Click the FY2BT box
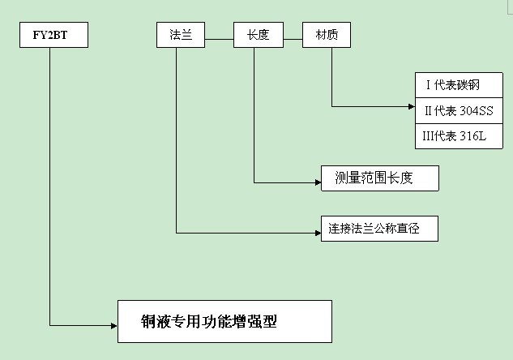49,35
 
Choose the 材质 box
327,35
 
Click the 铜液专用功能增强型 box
224,321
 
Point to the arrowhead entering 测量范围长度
317,182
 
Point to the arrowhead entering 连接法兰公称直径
317,233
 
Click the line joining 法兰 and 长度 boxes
219,36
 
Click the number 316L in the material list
472,136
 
